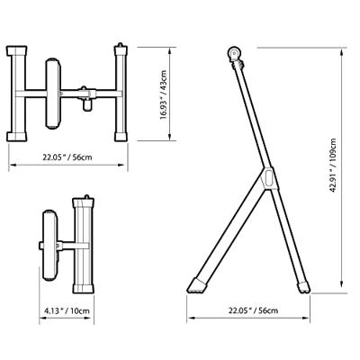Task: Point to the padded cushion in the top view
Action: click(x=51, y=92)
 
